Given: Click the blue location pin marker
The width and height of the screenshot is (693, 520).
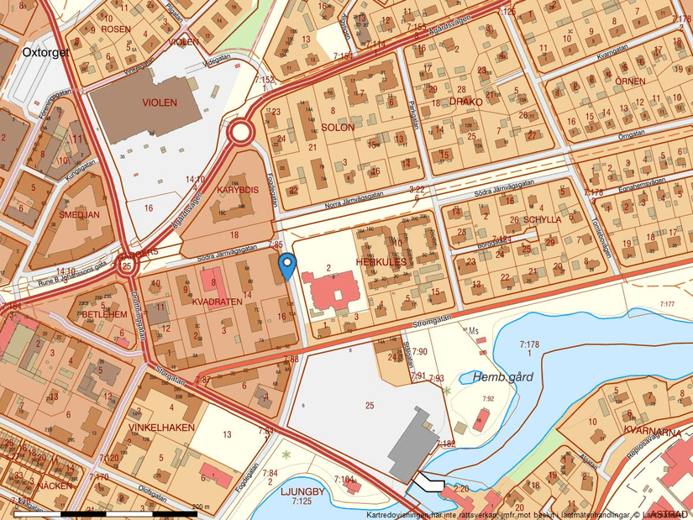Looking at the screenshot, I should click(x=287, y=265).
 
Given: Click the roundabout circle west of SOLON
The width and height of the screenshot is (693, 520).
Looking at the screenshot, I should click(x=241, y=132).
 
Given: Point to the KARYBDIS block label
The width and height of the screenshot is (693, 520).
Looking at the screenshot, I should click(x=236, y=190).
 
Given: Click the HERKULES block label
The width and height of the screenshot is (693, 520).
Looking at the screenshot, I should click(x=381, y=262).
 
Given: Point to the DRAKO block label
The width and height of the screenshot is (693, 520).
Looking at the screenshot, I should click(x=466, y=102).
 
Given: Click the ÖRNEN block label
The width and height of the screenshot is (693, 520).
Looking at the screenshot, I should click(x=629, y=81).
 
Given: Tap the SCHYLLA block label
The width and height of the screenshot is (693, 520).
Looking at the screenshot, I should click(x=542, y=219).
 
